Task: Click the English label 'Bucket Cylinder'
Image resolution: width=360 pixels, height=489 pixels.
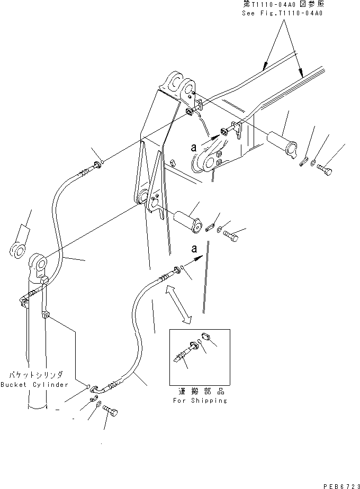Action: tap(34, 385)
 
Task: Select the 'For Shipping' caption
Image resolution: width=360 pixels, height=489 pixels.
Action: tap(200, 401)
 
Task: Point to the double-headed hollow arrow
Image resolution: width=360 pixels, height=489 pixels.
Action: tap(177, 304)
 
